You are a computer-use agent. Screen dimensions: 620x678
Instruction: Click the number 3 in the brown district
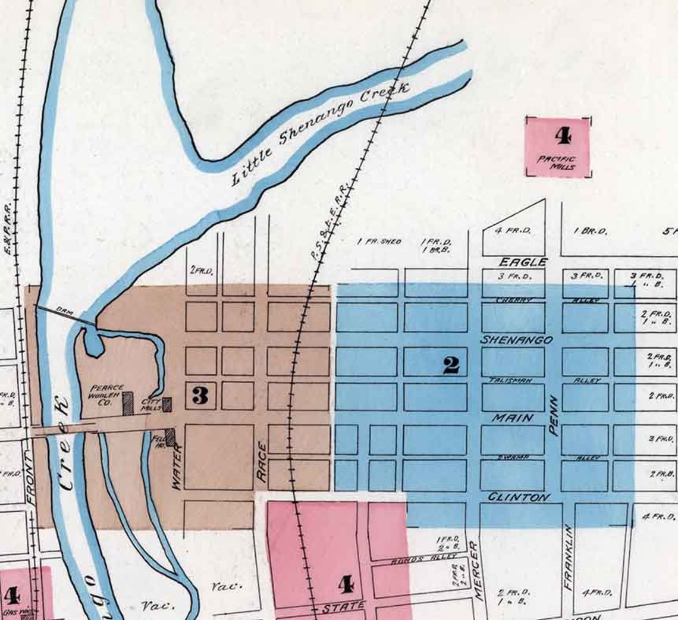click(200, 395)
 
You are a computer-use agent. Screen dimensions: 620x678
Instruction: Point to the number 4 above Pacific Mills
click(562, 136)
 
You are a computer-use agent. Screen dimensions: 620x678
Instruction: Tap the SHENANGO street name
click(516, 340)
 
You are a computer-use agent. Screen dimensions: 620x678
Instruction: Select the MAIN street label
click(511, 418)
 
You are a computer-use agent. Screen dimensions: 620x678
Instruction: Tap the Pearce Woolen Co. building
click(128, 403)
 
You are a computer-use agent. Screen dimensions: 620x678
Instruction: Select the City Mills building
click(167, 405)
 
